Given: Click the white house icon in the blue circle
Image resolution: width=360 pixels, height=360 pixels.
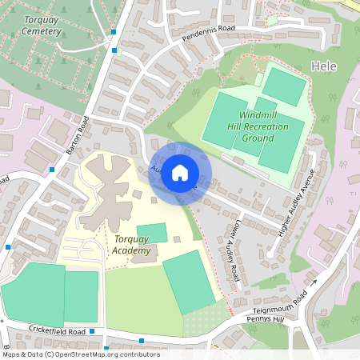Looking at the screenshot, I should tap(180, 173).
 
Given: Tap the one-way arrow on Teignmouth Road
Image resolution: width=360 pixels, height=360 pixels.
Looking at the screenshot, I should tap(314, 281).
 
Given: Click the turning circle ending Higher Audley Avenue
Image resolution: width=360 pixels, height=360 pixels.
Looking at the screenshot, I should tap(271, 254).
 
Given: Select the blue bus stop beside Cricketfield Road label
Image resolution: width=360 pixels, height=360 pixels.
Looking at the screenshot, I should tap(93, 330).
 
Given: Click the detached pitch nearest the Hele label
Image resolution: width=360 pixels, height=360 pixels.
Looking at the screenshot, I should tap(285, 86).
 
